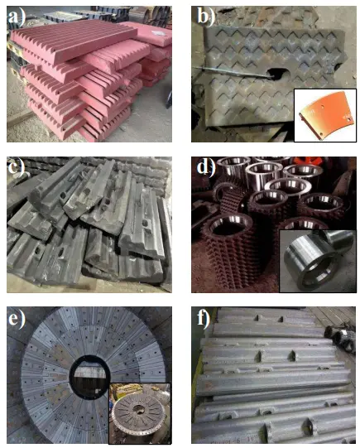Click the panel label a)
click(17, 17)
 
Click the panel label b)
click(206, 17)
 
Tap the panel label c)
click(17, 166)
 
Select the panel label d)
click(206, 166)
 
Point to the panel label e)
click(17, 318)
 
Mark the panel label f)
click(204, 318)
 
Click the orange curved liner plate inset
click(326, 115)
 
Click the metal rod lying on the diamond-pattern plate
click(231, 71)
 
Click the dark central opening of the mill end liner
click(89, 377)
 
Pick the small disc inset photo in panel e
click(140, 413)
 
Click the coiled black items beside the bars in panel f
click(340, 339)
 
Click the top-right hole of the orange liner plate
click(323, 108)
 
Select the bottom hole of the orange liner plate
click(320, 133)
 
